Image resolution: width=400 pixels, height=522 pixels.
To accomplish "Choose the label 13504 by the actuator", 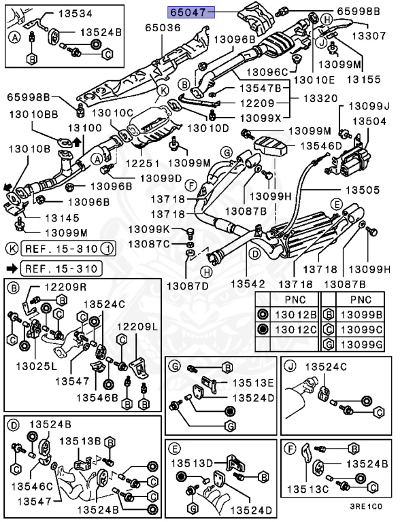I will tap(371, 120).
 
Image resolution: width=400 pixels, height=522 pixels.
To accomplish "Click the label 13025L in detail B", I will tap(32, 365).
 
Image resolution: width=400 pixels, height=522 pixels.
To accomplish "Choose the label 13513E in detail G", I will tap(251, 382).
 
